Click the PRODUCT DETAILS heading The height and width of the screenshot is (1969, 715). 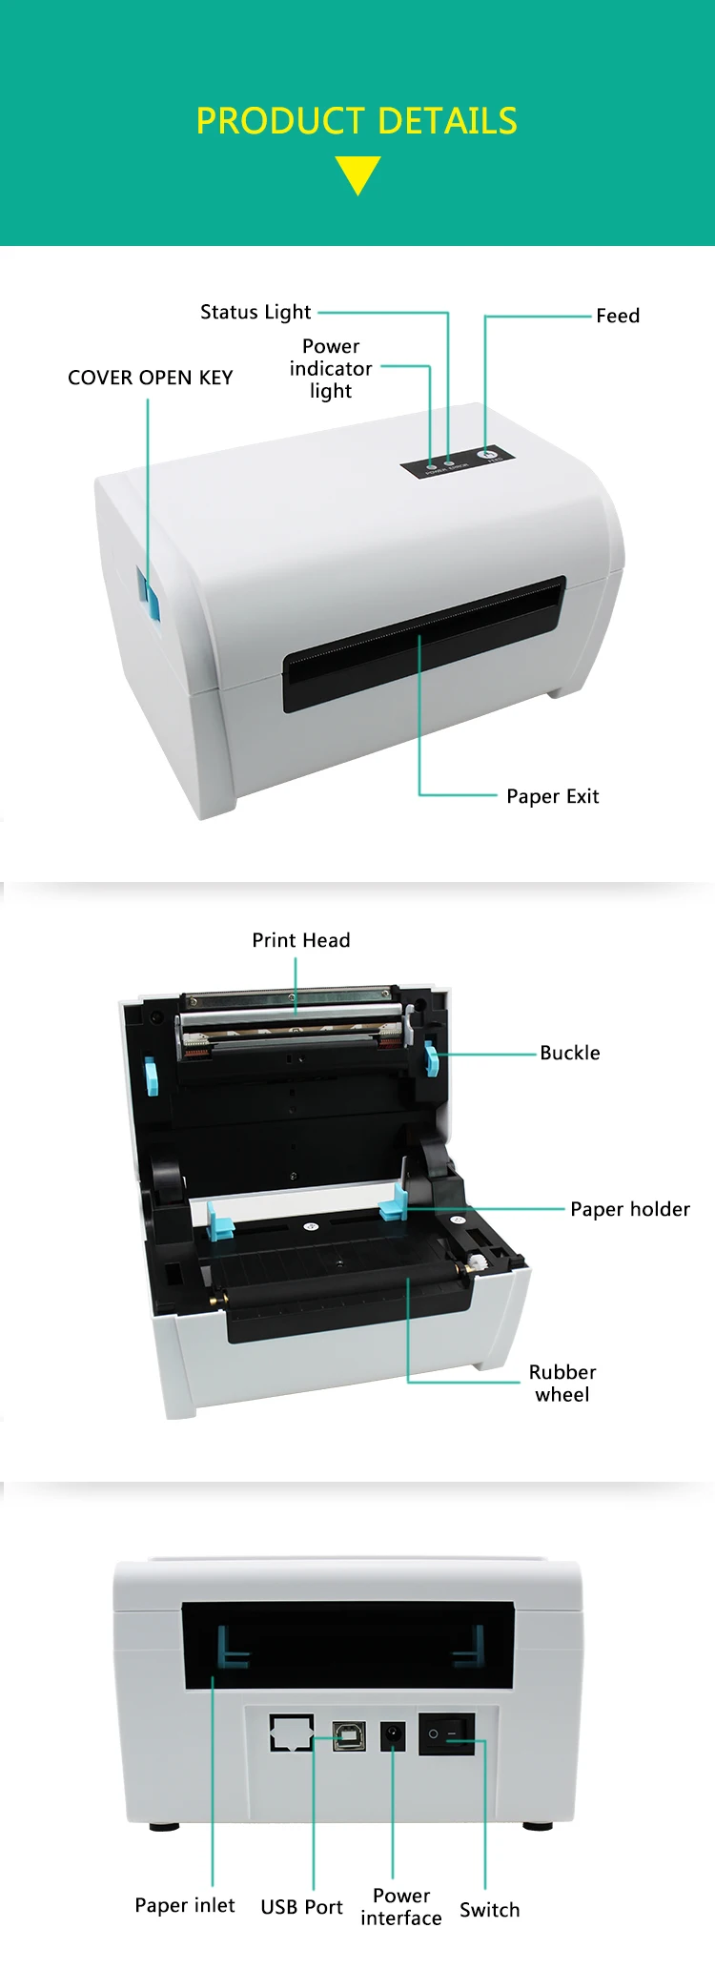pyautogui.click(x=357, y=121)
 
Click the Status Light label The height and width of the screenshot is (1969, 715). pyautogui.click(x=255, y=312)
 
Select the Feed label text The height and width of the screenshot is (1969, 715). pyautogui.click(x=618, y=316)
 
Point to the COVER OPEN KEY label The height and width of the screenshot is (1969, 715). pyautogui.click(x=151, y=378)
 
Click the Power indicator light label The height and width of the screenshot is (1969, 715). pyautogui.click(x=331, y=368)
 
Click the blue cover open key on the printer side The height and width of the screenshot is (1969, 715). pyautogui.click(x=148, y=592)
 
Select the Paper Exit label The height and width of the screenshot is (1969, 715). pyautogui.click(x=553, y=796)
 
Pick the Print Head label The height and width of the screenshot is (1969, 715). pyautogui.click(x=301, y=940)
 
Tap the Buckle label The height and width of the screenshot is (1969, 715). pyautogui.click(x=570, y=1053)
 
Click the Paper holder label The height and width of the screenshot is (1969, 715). pyautogui.click(x=630, y=1209)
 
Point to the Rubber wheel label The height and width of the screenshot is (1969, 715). pyautogui.click(x=562, y=1383)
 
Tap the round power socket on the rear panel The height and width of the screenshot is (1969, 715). pyautogui.click(x=393, y=1735)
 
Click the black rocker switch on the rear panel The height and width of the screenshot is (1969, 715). pyautogui.click(x=446, y=1734)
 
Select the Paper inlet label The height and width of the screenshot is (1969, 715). pyautogui.click(x=185, y=1905)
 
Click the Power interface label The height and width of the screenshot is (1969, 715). pyautogui.click(x=401, y=1907)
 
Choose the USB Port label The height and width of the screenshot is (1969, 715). pyautogui.click(x=301, y=1907)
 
